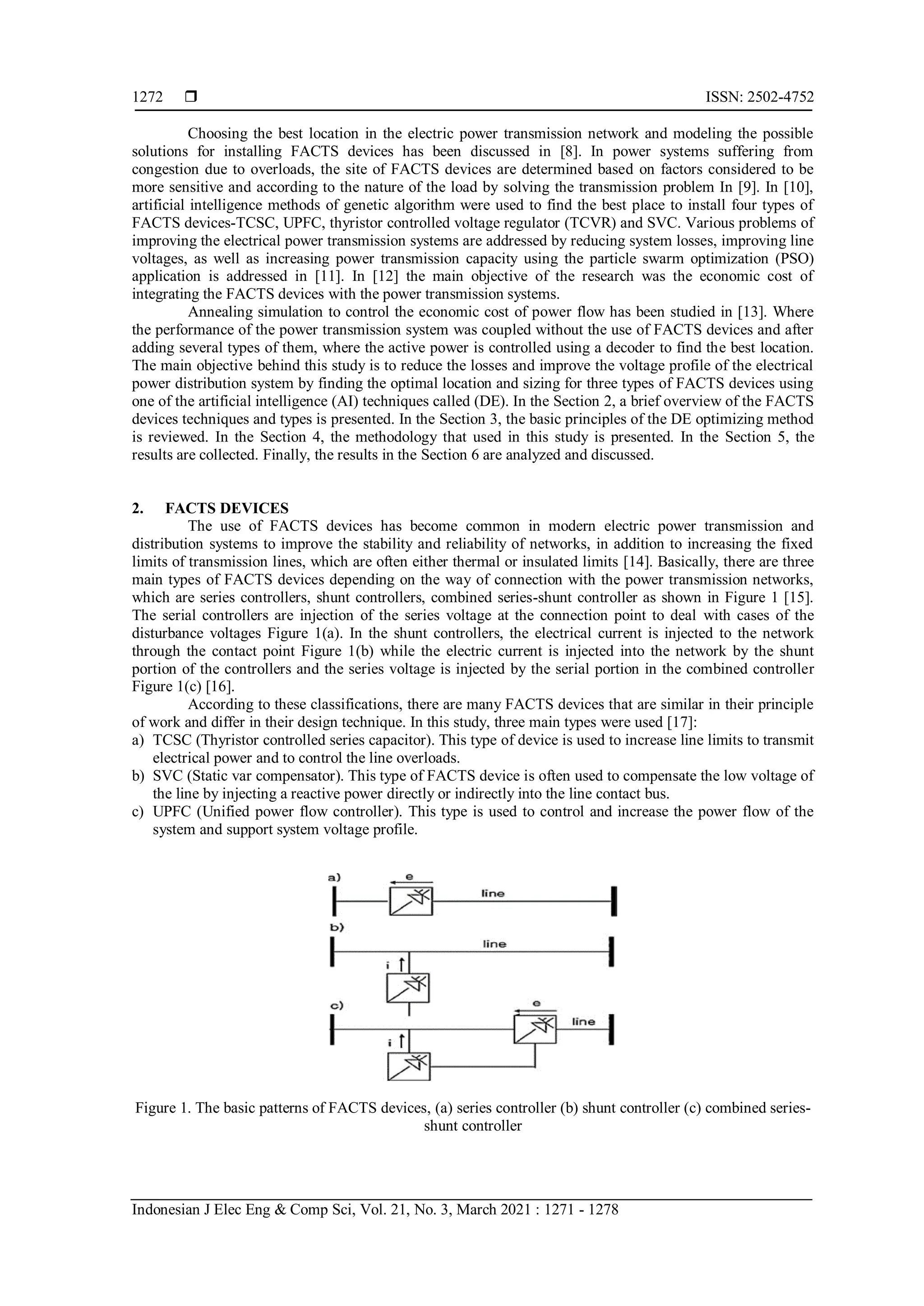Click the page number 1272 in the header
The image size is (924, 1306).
(x=148, y=97)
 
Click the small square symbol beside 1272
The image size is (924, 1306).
(x=190, y=97)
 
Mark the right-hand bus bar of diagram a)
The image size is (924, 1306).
(x=614, y=901)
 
